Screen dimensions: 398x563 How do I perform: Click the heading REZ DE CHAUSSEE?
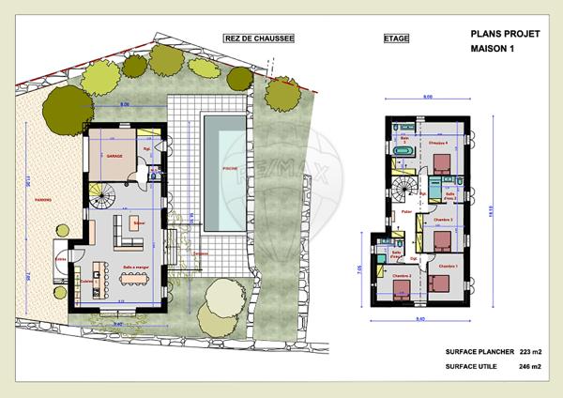[258, 38]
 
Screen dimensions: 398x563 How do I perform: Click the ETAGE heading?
[397, 39]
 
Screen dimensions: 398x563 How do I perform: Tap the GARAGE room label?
[115, 156]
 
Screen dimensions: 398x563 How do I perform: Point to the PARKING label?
[41, 198]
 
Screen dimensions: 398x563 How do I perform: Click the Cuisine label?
[87, 280]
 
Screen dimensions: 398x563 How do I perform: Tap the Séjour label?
[137, 222]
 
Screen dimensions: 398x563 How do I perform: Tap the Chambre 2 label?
[403, 276]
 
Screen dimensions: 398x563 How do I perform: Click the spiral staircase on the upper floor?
[404, 189]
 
